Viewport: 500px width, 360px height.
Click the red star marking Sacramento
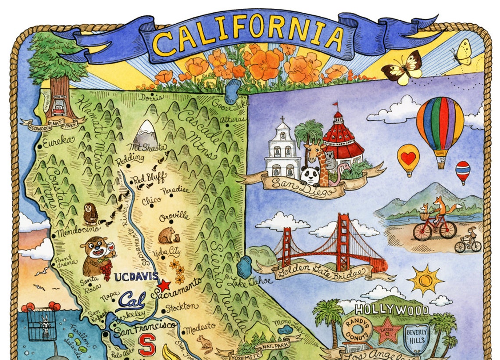coord(164,285)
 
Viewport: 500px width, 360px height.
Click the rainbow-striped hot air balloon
coord(440,128)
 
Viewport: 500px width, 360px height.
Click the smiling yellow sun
coord(425,280)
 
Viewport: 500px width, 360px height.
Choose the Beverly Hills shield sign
coord(416,336)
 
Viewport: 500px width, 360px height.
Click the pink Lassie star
coord(387,334)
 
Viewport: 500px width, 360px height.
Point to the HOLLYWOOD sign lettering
coord(392,310)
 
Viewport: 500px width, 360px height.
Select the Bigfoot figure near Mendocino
coord(90,213)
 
